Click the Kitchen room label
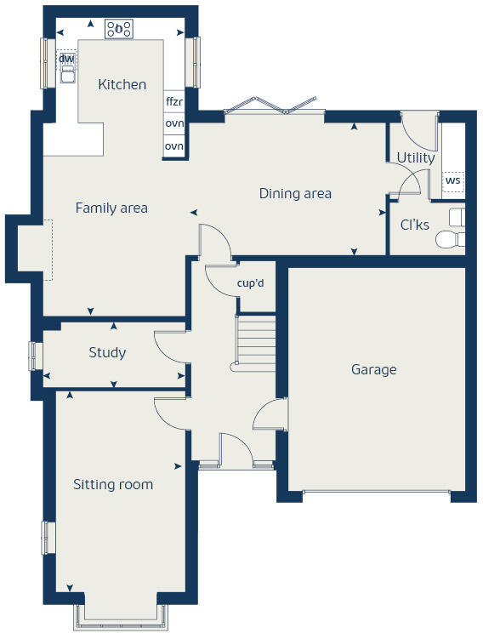[x=122, y=84]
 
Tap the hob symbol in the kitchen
[x=119, y=29]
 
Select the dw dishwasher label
[x=66, y=59]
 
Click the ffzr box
[x=174, y=101]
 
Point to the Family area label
[x=111, y=208]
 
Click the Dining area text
[x=295, y=193]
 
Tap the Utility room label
[x=416, y=157]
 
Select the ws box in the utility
[x=453, y=180]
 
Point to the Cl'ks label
[x=414, y=225]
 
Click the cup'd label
[x=251, y=282]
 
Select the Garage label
[x=374, y=369]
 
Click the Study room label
[x=107, y=352]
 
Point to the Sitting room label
[x=113, y=484]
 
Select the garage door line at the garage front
[x=377, y=491]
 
